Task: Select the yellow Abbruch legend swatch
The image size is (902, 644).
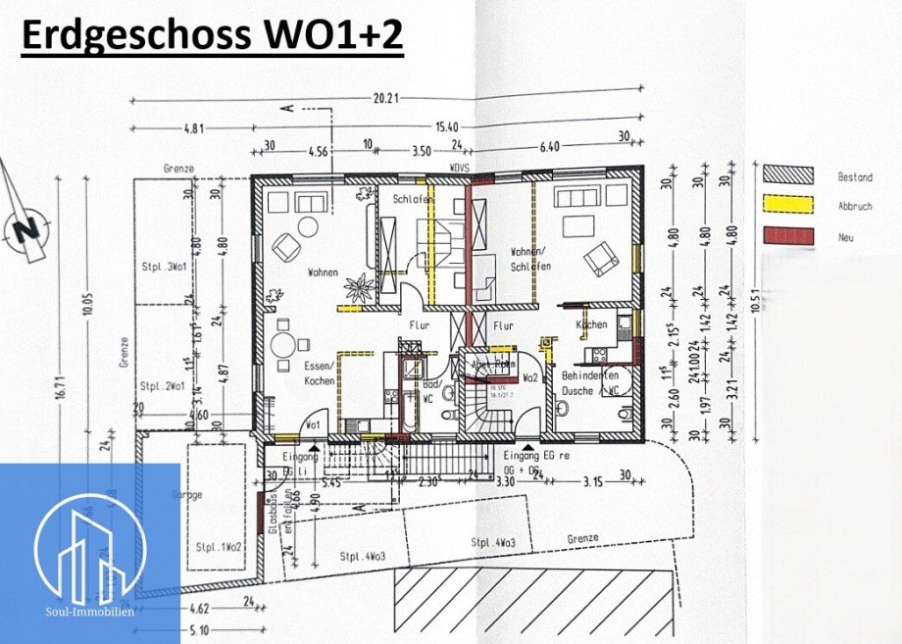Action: tap(788, 205)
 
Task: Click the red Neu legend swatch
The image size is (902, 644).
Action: tap(788, 236)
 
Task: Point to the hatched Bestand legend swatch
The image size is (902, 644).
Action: tap(788, 174)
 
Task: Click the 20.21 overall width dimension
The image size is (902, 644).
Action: tap(388, 98)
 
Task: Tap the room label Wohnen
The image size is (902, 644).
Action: tap(323, 272)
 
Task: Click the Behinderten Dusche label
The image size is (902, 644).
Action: tap(588, 382)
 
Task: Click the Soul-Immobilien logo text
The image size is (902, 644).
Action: tap(89, 610)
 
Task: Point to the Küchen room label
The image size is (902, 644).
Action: tap(592, 324)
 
